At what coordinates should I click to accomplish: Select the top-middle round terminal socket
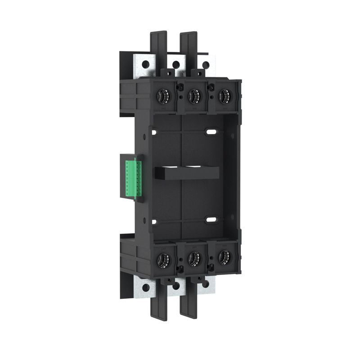pyautogui.click(x=193, y=95)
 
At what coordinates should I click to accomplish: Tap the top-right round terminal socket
pyautogui.click(x=223, y=95)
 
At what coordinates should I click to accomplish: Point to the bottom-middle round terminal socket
pyautogui.click(x=194, y=257)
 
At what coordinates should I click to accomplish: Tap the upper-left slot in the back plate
pyautogui.click(x=155, y=133)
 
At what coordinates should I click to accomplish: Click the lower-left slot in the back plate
pyautogui.click(x=154, y=221)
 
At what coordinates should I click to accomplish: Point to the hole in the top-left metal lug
pyautogui.click(x=145, y=65)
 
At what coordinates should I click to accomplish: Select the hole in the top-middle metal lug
pyautogui.click(x=176, y=64)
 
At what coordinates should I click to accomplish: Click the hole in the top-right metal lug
pyautogui.click(x=206, y=65)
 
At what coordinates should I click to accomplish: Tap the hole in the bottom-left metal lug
pyautogui.click(x=145, y=287)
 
